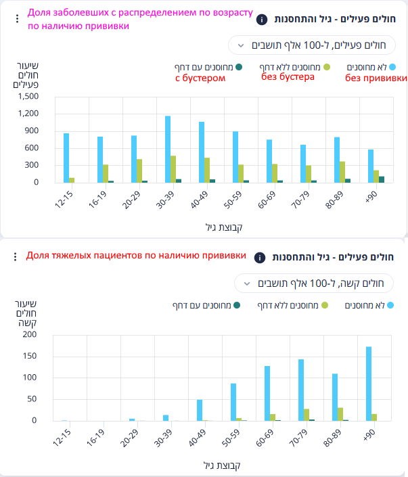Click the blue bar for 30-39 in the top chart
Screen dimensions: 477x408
tap(167, 149)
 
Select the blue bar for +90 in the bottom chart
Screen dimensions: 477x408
tap(369, 384)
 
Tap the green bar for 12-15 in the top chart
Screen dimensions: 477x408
tap(72, 180)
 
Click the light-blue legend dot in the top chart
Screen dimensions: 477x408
tap(392, 67)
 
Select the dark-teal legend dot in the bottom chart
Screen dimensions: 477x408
tap(237, 306)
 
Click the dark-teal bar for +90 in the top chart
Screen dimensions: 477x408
tap(382, 179)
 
